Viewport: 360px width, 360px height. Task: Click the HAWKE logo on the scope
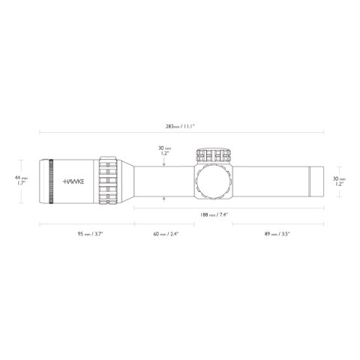click(73, 181)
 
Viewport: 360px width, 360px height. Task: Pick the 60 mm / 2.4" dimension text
click(166, 234)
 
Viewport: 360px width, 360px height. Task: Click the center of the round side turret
click(214, 181)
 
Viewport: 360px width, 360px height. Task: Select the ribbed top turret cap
click(214, 155)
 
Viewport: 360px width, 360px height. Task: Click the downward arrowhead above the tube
click(164, 163)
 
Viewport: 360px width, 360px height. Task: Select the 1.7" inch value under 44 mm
click(22, 183)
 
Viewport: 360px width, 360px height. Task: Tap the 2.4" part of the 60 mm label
click(175, 234)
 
